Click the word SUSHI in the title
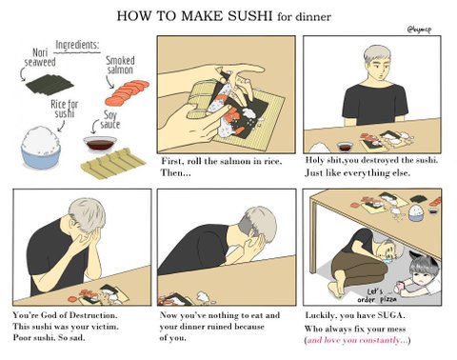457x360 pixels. pyautogui.click(x=249, y=16)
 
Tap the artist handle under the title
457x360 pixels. pyautogui.click(x=419, y=30)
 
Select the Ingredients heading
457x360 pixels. pyautogui.click(x=77, y=46)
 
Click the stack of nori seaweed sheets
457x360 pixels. pyautogui.click(x=50, y=84)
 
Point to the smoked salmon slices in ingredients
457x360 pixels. pyautogui.click(x=127, y=92)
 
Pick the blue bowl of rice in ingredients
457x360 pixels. pyautogui.click(x=41, y=147)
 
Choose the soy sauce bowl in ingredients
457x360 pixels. pyautogui.click(x=100, y=145)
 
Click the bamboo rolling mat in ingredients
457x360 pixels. pyautogui.click(x=113, y=163)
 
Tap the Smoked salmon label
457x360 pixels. pyautogui.click(x=120, y=65)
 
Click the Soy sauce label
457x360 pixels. pyautogui.click(x=109, y=120)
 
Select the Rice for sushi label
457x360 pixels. pyautogui.click(x=65, y=109)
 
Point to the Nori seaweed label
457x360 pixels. pyautogui.click(x=40, y=57)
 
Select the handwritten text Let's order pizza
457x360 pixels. pyautogui.click(x=377, y=295)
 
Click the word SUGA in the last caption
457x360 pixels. pyautogui.click(x=391, y=315)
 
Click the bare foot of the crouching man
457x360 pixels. pyautogui.click(x=336, y=288)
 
